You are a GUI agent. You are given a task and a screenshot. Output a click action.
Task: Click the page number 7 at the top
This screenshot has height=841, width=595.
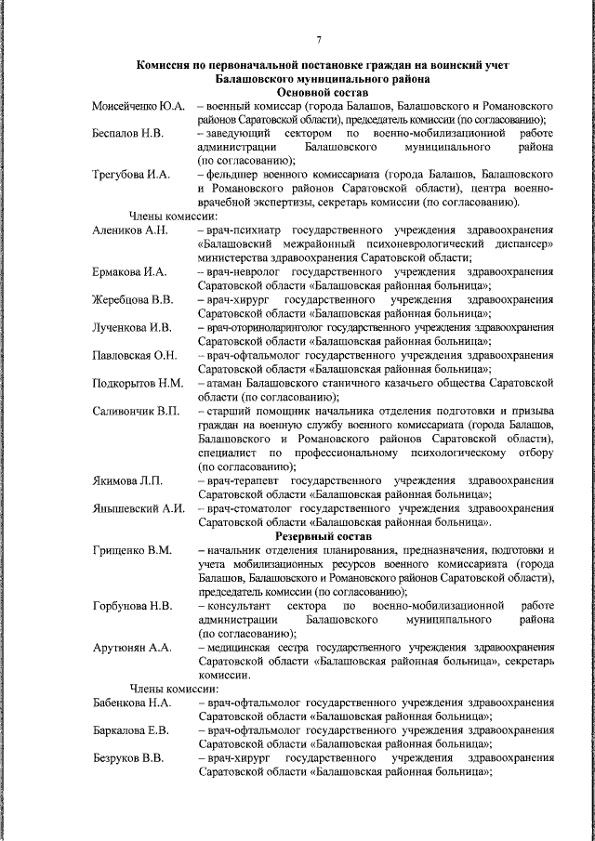click(318, 39)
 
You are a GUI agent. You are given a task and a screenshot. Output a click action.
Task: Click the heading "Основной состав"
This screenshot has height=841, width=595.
click(323, 94)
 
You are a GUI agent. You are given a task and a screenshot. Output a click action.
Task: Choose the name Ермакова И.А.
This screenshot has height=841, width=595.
click(129, 271)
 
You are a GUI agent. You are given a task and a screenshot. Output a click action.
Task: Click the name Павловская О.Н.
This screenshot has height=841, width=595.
click(135, 356)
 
